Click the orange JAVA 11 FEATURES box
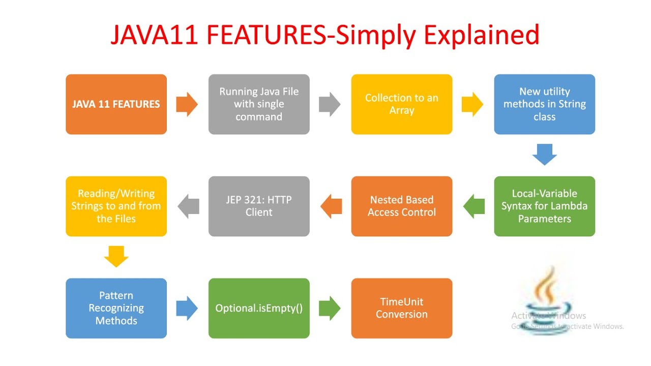116,104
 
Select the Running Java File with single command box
259,104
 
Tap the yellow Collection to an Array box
401,104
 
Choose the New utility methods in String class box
544,104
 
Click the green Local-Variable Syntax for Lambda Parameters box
544,206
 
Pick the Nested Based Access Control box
401,206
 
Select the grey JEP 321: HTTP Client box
259,206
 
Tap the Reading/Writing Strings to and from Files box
116,206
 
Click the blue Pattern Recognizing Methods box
116,308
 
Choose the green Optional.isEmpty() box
259,308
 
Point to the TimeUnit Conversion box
401,308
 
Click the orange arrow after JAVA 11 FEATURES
187,104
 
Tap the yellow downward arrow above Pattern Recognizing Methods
116,256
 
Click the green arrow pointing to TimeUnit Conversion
330,308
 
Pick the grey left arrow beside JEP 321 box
188,206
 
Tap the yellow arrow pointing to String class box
472,104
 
